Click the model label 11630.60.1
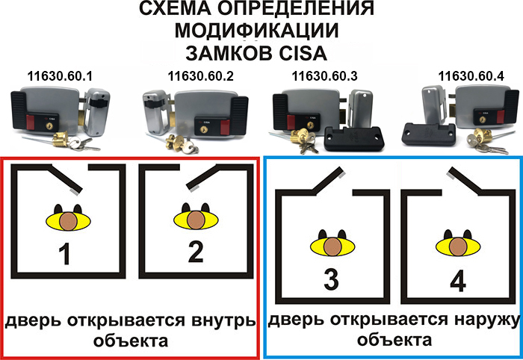tap(60, 76)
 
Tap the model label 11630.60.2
tap(201, 76)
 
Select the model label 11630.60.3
tap(324, 76)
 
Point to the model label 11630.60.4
tap(471, 76)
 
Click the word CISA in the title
tap(303, 53)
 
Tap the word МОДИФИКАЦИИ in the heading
tap(257, 31)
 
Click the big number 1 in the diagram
tap(64, 254)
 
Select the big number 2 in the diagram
tap(196, 252)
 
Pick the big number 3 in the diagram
tap(332, 279)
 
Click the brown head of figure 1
tap(69, 221)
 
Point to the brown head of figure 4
tap(458, 246)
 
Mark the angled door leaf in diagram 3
tap(328, 180)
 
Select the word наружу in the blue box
tap(486, 320)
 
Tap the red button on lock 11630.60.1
tap(30, 122)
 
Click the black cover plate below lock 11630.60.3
tap(354, 138)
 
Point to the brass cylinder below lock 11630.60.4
tap(481, 137)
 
